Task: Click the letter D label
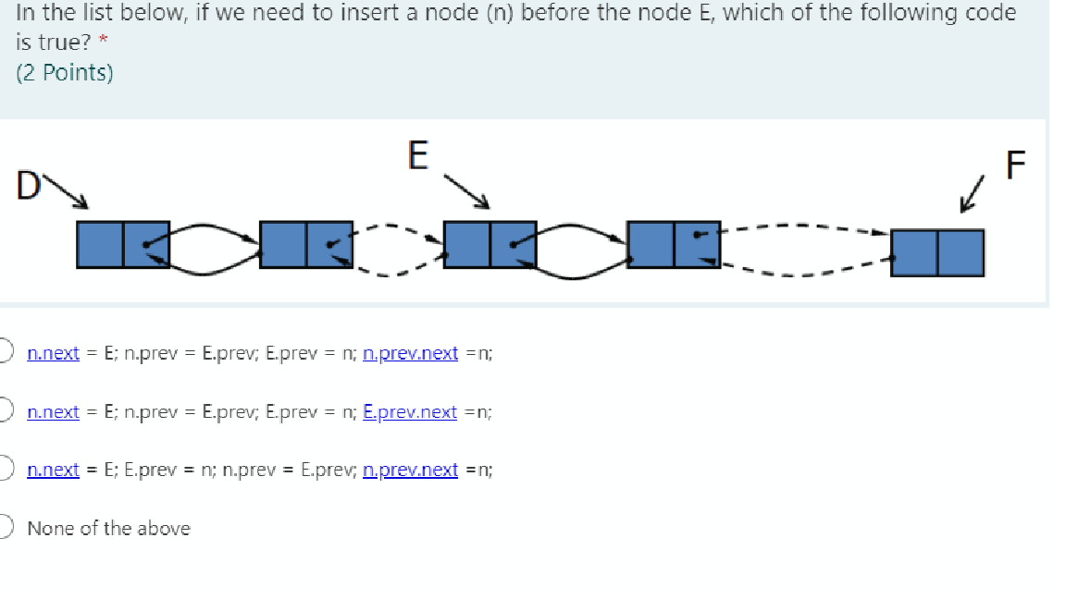point(29,184)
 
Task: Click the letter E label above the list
point(418,155)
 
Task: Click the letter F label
point(1015,165)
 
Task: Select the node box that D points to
point(123,245)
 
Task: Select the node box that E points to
point(490,245)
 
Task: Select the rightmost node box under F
point(937,252)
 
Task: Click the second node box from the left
point(306,245)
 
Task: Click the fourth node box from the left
point(673,245)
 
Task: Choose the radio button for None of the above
point(5,528)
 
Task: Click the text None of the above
point(108,529)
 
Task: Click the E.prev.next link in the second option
point(410,411)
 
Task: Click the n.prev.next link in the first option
point(411,353)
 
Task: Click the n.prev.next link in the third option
point(411,470)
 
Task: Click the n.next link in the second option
point(54,411)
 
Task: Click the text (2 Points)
point(65,73)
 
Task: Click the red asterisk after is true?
point(104,43)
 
